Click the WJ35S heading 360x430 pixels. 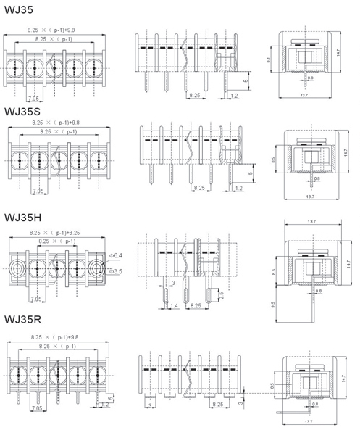coord(22,112)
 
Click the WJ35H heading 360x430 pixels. coord(23,218)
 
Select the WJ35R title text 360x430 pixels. coord(22,320)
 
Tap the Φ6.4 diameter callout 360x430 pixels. coord(116,255)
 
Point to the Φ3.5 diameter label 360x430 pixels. coord(116,271)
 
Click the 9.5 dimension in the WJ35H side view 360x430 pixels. coord(272,305)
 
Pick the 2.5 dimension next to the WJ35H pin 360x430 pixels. coord(221,295)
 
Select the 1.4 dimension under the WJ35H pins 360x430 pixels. coord(174,305)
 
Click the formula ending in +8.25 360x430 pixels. coord(55,233)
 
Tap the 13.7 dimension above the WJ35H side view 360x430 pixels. coord(311,222)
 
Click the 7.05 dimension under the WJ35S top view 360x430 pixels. coord(38,191)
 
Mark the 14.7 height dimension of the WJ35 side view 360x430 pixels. coord(338,53)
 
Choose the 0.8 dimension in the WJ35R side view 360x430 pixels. coord(315,404)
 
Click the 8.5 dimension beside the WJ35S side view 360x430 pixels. coord(272,160)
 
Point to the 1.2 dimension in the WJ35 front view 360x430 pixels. coord(234,96)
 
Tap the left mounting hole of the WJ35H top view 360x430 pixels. coord(18,268)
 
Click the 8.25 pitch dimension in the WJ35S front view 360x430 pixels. coord(199,188)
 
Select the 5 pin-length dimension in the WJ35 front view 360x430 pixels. coord(246,80)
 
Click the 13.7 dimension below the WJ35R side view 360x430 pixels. coord(309,421)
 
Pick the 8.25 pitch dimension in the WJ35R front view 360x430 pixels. coord(218,404)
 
